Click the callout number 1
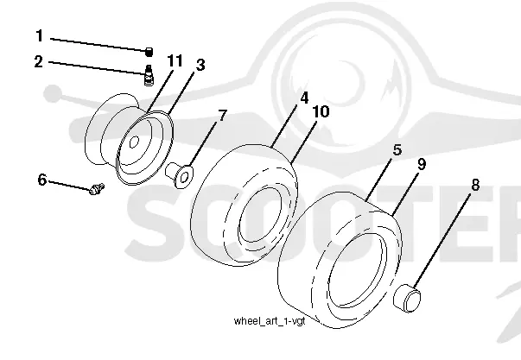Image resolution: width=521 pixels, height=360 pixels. [40, 36]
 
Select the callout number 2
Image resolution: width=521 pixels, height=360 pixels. [39, 62]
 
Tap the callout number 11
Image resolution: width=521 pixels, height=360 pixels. [175, 61]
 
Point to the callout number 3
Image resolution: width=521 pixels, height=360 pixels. [200, 65]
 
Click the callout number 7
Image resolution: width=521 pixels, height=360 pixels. [222, 116]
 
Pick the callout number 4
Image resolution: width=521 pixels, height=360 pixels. [304, 98]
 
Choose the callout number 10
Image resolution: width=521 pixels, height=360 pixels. [321, 111]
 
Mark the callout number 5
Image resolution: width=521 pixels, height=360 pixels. [397, 149]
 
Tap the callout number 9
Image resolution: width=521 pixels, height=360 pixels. [422, 164]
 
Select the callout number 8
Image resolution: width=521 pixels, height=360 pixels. [475, 185]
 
